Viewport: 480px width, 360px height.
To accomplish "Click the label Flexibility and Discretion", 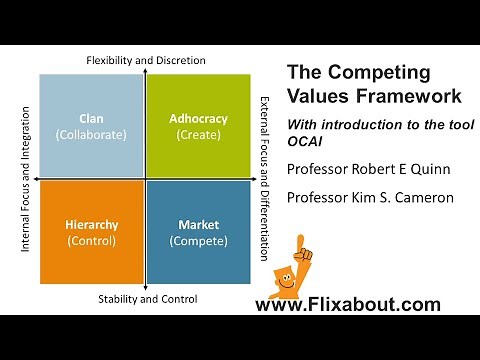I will (146, 60).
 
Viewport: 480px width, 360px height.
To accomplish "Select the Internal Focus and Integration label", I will (26, 180).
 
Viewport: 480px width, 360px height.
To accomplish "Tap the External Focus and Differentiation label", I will (265, 180).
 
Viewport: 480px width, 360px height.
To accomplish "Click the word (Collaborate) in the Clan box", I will (90, 134).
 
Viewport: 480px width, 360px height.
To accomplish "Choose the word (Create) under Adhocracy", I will (199, 134).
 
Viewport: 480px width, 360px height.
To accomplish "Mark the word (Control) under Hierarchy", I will (90, 241).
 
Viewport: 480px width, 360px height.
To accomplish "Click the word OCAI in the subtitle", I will (306, 143).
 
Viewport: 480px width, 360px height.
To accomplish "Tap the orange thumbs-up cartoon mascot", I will (292, 268).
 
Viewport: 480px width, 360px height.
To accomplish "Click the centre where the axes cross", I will (145, 180).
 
